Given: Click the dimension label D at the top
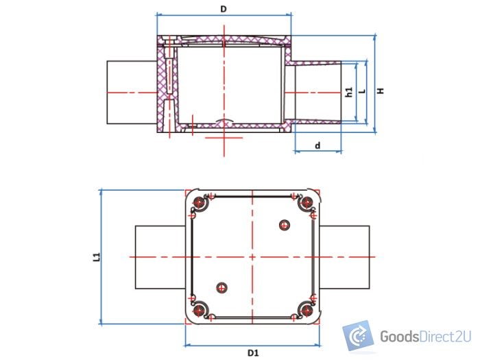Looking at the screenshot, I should tap(224, 8).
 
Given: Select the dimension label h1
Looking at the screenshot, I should tap(349, 92).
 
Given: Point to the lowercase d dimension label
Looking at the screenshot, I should tap(317, 145).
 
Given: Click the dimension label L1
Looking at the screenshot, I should tap(97, 256).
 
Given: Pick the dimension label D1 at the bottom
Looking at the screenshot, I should tap(252, 352).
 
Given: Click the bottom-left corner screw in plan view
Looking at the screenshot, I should tap(200, 310).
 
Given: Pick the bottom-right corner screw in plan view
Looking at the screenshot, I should tap(306, 310).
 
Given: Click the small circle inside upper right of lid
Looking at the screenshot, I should tap(285, 225).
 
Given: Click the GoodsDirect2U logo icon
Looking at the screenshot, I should tap(357, 336).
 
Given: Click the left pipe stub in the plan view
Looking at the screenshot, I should tap(159, 256).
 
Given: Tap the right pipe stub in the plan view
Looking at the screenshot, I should tap(346, 256).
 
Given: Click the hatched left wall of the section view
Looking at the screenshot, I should tap(163, 86).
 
